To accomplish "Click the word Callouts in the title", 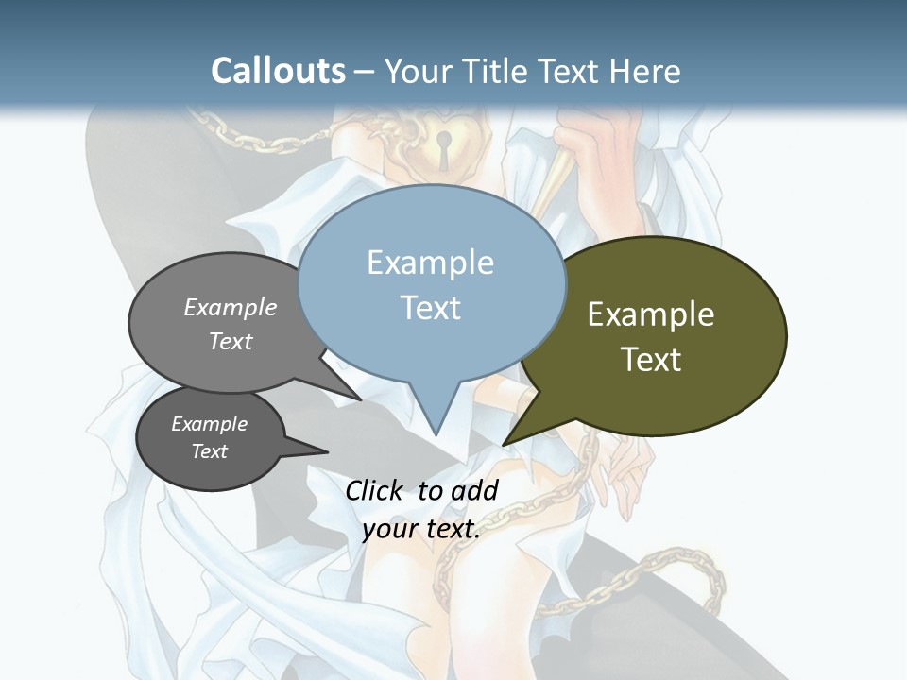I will (x=278, y=71).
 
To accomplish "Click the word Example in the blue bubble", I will (x=430, y=263).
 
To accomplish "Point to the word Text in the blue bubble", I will (x=430, y=308).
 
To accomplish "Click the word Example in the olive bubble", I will (x=651, y=314).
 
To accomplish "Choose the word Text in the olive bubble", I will (x=651, y=360).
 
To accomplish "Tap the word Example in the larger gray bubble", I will (x=231, y=308).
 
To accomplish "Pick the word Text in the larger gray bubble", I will (x=231, y=341).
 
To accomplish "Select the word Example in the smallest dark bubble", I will (x=209, y=424).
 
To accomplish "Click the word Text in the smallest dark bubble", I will (x=209, y=451).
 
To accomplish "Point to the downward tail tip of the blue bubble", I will (x=436, y=433).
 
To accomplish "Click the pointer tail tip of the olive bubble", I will (x=505, y=443).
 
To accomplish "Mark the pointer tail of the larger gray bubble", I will (x=357, y=397).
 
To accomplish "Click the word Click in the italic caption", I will (x=374, y=490).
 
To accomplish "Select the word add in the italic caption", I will (x=474, y=490).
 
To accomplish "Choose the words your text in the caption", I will (x=420, y=529).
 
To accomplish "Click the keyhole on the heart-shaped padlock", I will (x=442, y=144).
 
